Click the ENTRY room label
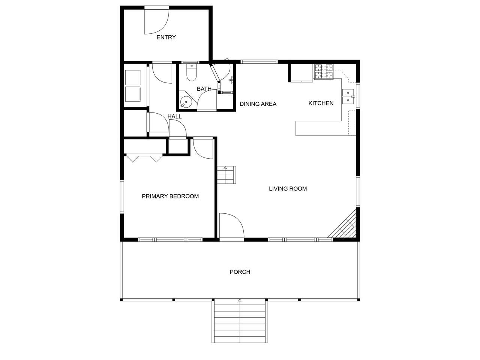tap(166, 37)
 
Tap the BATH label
tap(204, 89)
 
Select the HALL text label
tap(174, 117)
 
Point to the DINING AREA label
tap(258, 104)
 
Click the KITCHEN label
tap(321, 103)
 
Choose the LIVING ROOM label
tap(288, 189)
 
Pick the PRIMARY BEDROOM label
tap(170, 196)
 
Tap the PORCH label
tap(240, 272)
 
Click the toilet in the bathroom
tap(192, 72)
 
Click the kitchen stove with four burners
tap(324, 72)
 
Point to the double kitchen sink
tap(348, 96)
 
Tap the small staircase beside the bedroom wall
tap(226, 175)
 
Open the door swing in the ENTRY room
tap(157, 22)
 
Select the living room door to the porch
tap(232, 225)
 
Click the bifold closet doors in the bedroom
tap(144, 158)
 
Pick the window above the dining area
tap(259, 62)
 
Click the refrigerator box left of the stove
tap(301, 73)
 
